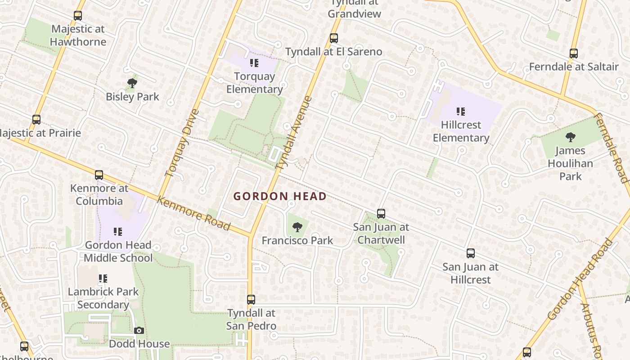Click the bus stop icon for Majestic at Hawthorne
click(78, 16)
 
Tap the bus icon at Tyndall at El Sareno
click(333, 38)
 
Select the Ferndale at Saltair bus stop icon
click(573, 54)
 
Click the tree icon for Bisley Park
click(132, 83)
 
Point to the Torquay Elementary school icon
click(254, 63)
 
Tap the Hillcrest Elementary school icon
click(460, 111)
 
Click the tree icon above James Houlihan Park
click(570, 137)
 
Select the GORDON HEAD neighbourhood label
click(280, 196)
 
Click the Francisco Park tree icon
click(297, 227)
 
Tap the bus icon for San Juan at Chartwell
click(381, 213)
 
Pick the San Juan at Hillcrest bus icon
click(470, 253)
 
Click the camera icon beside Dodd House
click(139, 331)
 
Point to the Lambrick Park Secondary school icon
click(103, 279)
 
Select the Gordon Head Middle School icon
click(118, 232)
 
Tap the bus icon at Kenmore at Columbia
click(99, 175)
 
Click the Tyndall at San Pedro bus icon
click(251, 299)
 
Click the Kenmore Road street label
click(193, 213)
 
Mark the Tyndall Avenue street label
click(294, 133)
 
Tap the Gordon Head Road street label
click(580, 279)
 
